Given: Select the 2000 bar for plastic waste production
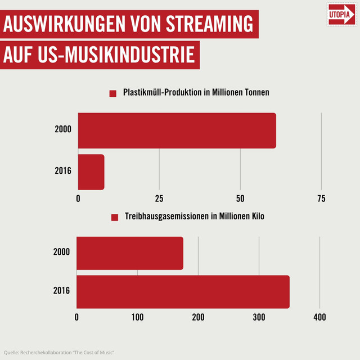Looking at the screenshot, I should [x=177, y=130].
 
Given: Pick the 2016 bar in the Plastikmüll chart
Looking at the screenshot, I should [x=91, y=172].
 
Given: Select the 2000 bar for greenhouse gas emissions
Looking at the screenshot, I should [x=130, y=253].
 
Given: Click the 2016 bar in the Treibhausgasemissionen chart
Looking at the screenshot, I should [x=183, y=291].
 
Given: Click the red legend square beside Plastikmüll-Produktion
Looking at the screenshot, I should [x=112, y=93].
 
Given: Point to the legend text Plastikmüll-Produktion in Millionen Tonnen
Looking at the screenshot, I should [x=196, y=92].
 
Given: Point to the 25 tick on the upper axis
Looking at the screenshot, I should [x=159, y=199].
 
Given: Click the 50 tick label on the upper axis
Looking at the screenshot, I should [x=240, y=199].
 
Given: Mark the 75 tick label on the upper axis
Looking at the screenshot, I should [x=321, y=199].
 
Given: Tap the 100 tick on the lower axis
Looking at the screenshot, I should [x=137, y=317].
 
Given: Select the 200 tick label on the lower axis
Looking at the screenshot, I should [x=198, y=317].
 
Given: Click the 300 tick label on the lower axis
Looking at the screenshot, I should [x=259, y=317].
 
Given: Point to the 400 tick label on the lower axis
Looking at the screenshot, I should [x=319, y=317].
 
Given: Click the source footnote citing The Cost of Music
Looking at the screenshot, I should [x=59, y=352].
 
